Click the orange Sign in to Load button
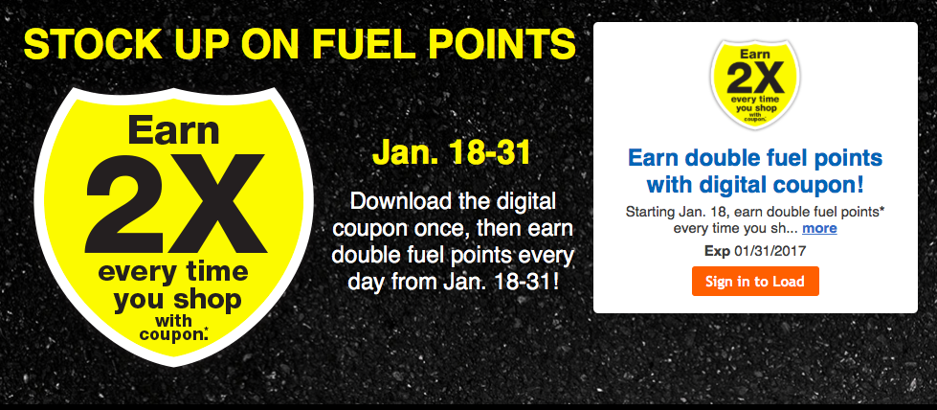point(755,282)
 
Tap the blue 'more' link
point(819,228)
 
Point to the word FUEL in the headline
point(361,44)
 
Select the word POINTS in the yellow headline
point(497,44)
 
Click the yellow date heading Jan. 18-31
point(451,153)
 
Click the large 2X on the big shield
point(176,202)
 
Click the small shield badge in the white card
point(755,84)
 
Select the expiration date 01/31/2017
point(770,251)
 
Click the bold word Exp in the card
point(717,251)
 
